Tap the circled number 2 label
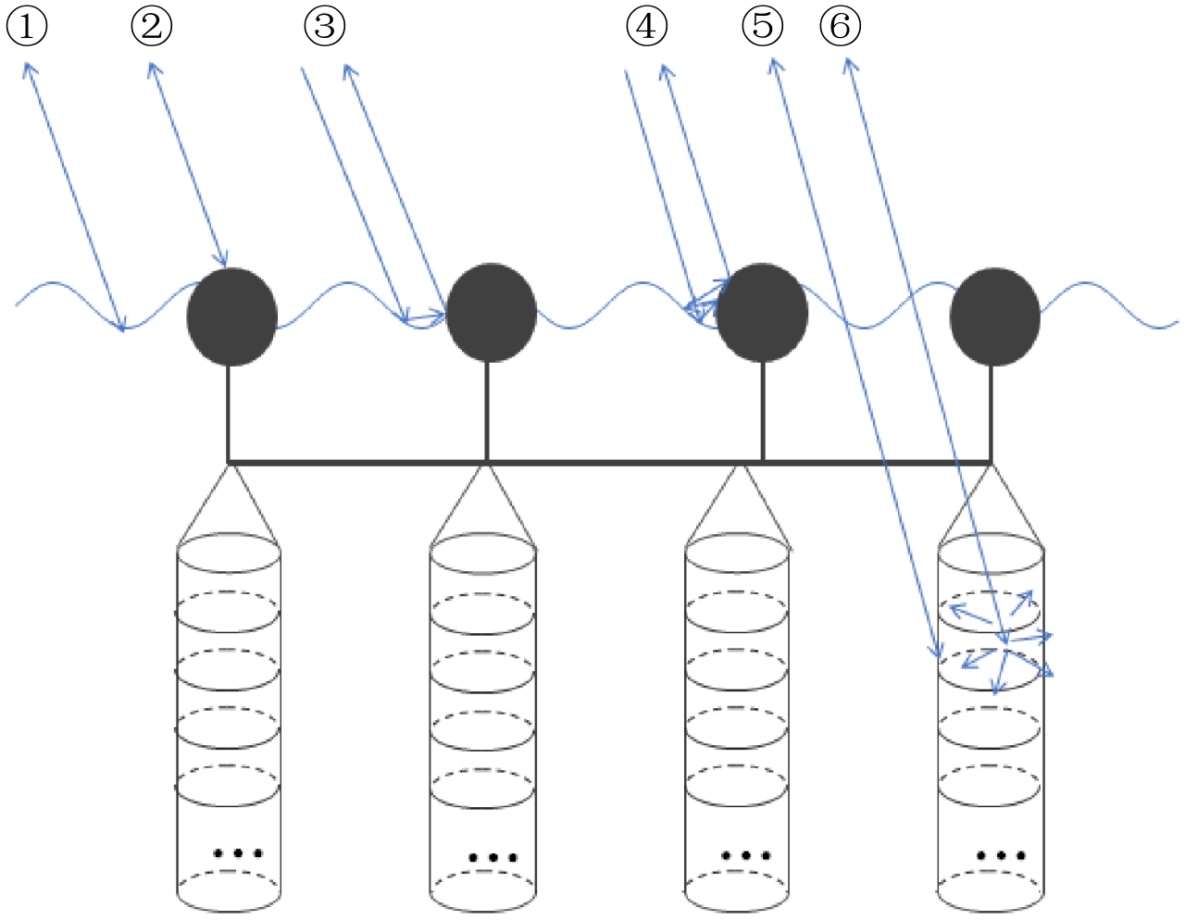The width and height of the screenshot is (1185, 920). (x=151, y=26)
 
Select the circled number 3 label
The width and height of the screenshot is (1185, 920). (x=324, y=26)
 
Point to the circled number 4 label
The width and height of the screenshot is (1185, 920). (x=646, y=26)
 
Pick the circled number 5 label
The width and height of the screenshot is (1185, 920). (x=762, y=26)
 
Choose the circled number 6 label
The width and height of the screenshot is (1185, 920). (x=840, y=26)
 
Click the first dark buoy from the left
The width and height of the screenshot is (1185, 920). (x=231, y=317)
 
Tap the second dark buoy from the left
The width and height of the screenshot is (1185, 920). (x=491, y=313)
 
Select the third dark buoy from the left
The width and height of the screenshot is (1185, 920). (x=762, y=313)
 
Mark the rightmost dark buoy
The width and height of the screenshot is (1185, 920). (x=994, y=317)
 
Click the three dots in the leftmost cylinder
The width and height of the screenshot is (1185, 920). (x=237, y=853)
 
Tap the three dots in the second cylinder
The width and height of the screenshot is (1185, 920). (x=492, y=858)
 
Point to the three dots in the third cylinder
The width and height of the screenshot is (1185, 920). (x=745, y=856)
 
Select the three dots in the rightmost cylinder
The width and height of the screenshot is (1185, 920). (x=1001, y=856)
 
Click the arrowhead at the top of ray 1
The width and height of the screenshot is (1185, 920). (x=28, y=67)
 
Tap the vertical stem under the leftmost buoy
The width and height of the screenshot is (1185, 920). (x=229, y=413)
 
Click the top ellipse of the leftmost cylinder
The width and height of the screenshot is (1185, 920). (x=229, y=554)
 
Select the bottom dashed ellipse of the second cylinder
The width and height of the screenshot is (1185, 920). (x=483, y=890)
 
